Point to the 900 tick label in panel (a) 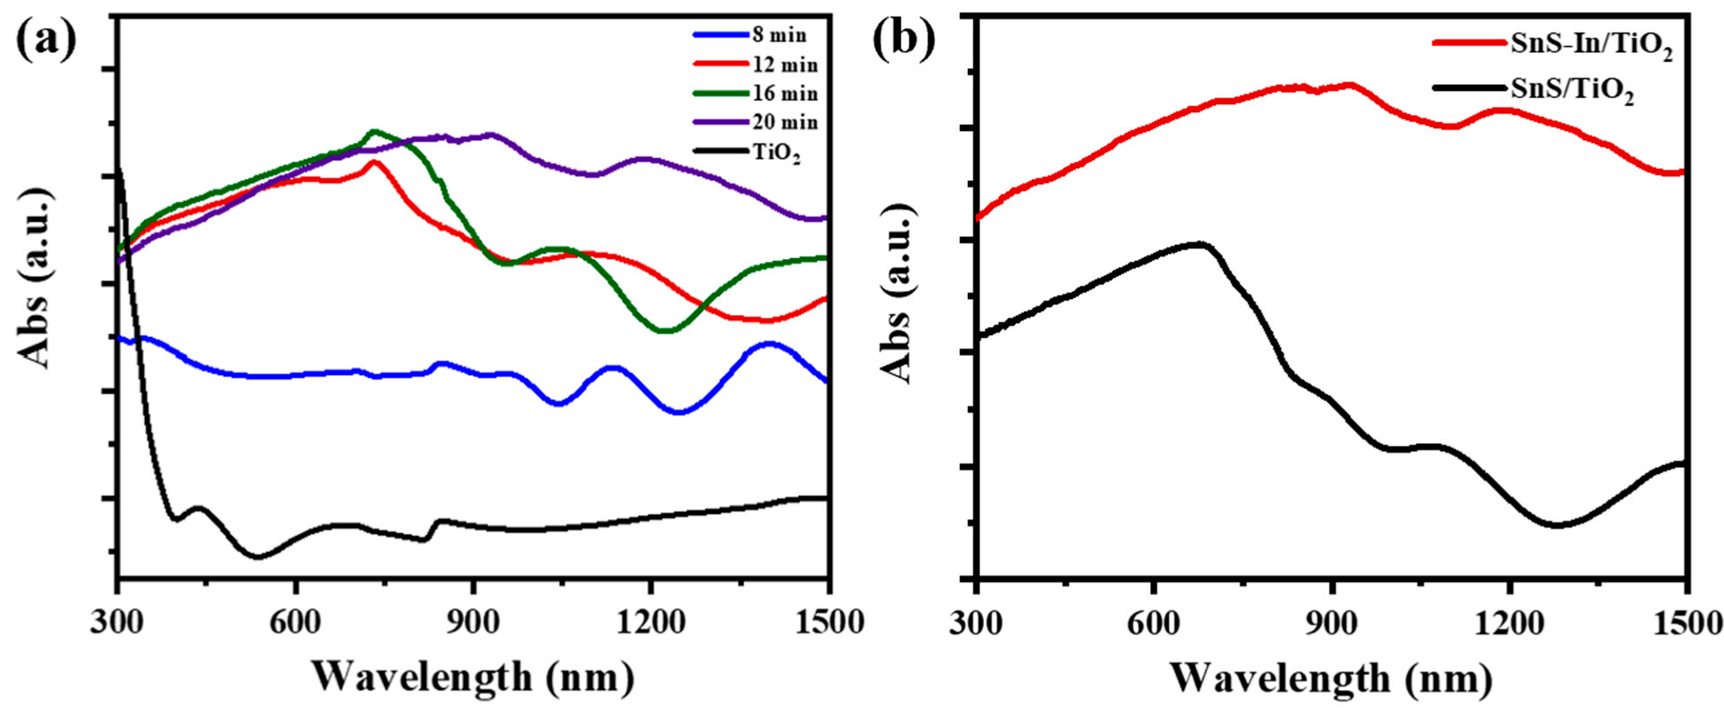click(475, 622)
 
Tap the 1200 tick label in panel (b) click(1509, 622)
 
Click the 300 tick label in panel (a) click(118, 622)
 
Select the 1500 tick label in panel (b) click(1685, 622)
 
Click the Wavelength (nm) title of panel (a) click(472, 677)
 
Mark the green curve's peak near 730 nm click(374, 132)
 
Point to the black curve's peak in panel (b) click(1200, 243)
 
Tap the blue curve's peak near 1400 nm click(769, 343)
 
